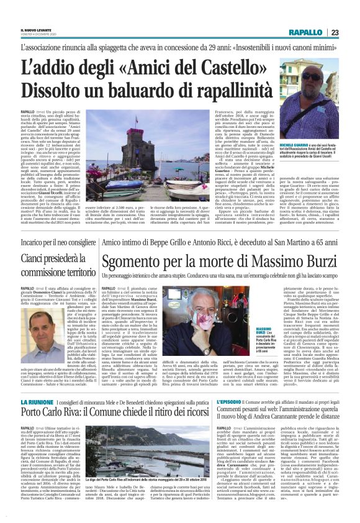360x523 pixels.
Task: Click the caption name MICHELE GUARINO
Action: [298, 161]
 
